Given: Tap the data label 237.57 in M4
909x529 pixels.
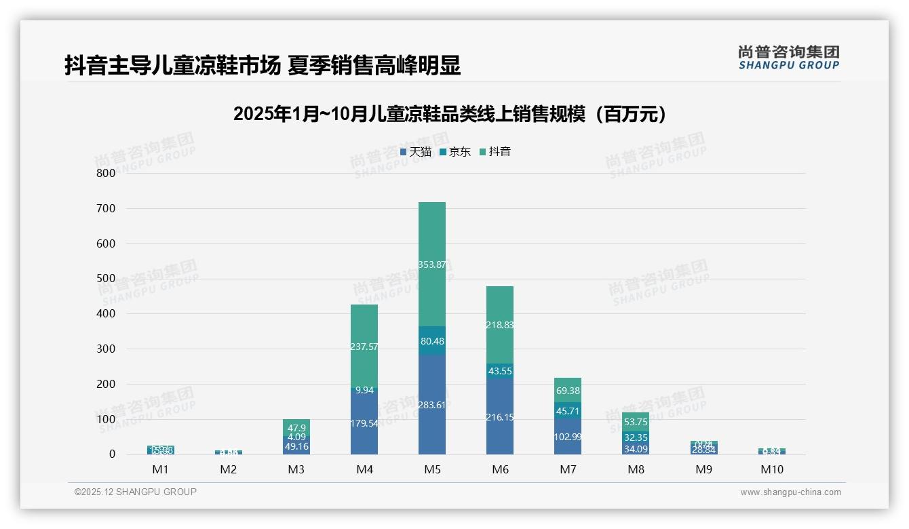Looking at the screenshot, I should pos(364,347).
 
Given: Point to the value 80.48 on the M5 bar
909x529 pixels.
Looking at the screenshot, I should pos(432,341).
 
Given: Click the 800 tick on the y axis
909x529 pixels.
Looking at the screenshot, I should pos(105,173).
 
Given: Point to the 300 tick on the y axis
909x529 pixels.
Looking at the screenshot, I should pos(105,349).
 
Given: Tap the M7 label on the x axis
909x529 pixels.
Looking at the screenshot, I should pos(568,469).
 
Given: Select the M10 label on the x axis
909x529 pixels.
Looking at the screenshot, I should pos(771,469).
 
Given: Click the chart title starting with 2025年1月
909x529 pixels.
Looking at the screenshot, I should pos(450,114).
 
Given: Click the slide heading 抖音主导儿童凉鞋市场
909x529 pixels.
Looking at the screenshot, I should pos(263,66).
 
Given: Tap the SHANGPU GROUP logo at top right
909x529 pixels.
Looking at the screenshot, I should pos(788,58).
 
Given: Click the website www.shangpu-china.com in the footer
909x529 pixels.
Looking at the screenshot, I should pos(790,492).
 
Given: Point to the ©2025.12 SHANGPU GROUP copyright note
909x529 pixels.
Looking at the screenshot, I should pos(136,492).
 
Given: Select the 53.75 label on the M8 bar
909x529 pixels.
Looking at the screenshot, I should pos(636,421).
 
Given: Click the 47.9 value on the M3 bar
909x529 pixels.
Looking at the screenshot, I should pos(296,428).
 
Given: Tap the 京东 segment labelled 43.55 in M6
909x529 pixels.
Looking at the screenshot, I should pos(500,371).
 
